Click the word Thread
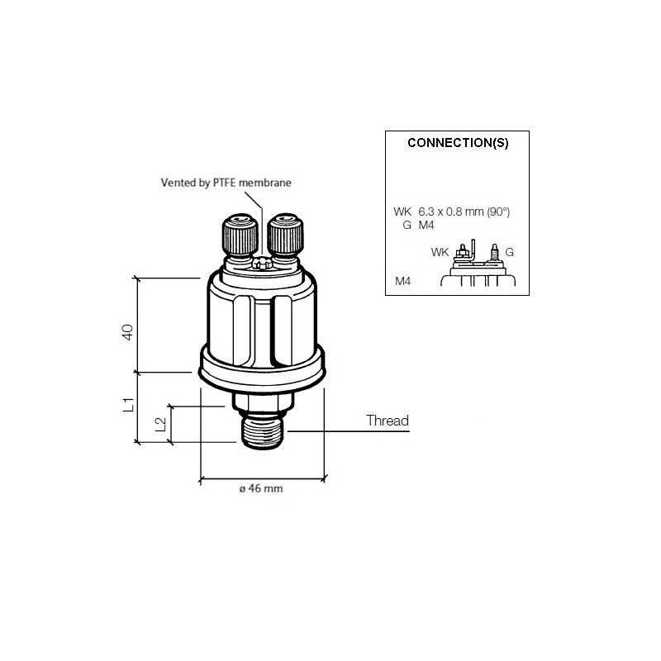pos(388,421)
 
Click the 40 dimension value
pos(127,333)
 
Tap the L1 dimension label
pos(128,405)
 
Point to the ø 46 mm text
pos(261,489)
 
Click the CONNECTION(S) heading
pos(458,142)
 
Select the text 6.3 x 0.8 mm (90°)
pos(470,212)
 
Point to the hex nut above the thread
pos(261,402)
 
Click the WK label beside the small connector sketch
pos(440,251)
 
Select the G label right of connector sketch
pos(509,251)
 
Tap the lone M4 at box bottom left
pos(402,282)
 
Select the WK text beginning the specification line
pos(402,212)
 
